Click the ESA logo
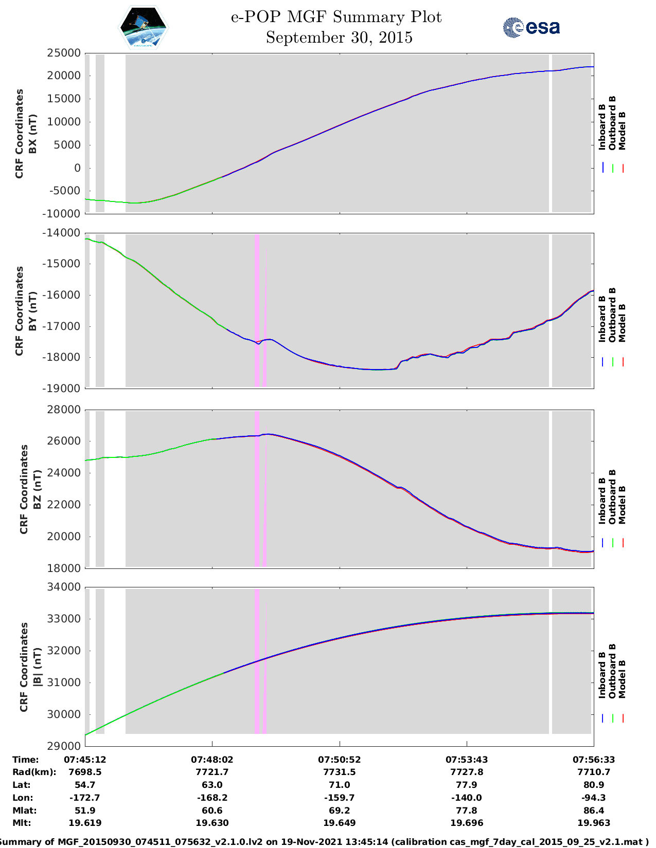tap(531, 27)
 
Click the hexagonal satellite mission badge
tap(144, 27)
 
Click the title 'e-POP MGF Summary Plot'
tap(336, 17)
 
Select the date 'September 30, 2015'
tap(339, 38)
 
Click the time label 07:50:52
tap(339, 760)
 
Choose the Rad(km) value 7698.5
tap(85, 772)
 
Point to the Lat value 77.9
tap(467, 785)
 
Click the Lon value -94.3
tap(594, 798)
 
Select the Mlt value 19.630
tap(212, 823)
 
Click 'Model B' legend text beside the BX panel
tap(622, 131)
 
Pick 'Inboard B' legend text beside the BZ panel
tap(602, 501)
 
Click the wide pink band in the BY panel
tap(257, 310)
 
